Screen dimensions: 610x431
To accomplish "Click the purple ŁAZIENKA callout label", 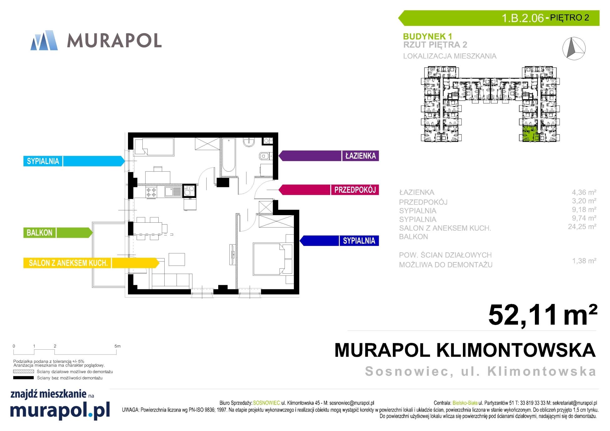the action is click(329, 156).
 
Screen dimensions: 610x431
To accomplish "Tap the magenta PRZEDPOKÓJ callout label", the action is click(329, 190).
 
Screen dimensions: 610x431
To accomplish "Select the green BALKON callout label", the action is click(58, 233).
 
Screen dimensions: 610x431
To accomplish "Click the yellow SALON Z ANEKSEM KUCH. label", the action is click(91, 263).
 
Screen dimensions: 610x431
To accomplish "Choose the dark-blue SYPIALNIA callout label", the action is click(339, 241).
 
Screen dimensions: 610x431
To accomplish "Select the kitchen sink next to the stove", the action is click(173, 191).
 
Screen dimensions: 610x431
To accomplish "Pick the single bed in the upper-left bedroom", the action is click(154, 147).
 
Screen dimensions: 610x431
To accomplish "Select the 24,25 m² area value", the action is click(582, 227).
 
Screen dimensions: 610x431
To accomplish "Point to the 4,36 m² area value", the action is click(584, 192).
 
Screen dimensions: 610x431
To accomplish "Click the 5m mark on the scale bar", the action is click(117, 346).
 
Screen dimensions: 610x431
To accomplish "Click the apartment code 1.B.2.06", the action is click(523, 18).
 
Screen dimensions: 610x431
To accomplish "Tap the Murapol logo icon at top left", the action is click(44, 40).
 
